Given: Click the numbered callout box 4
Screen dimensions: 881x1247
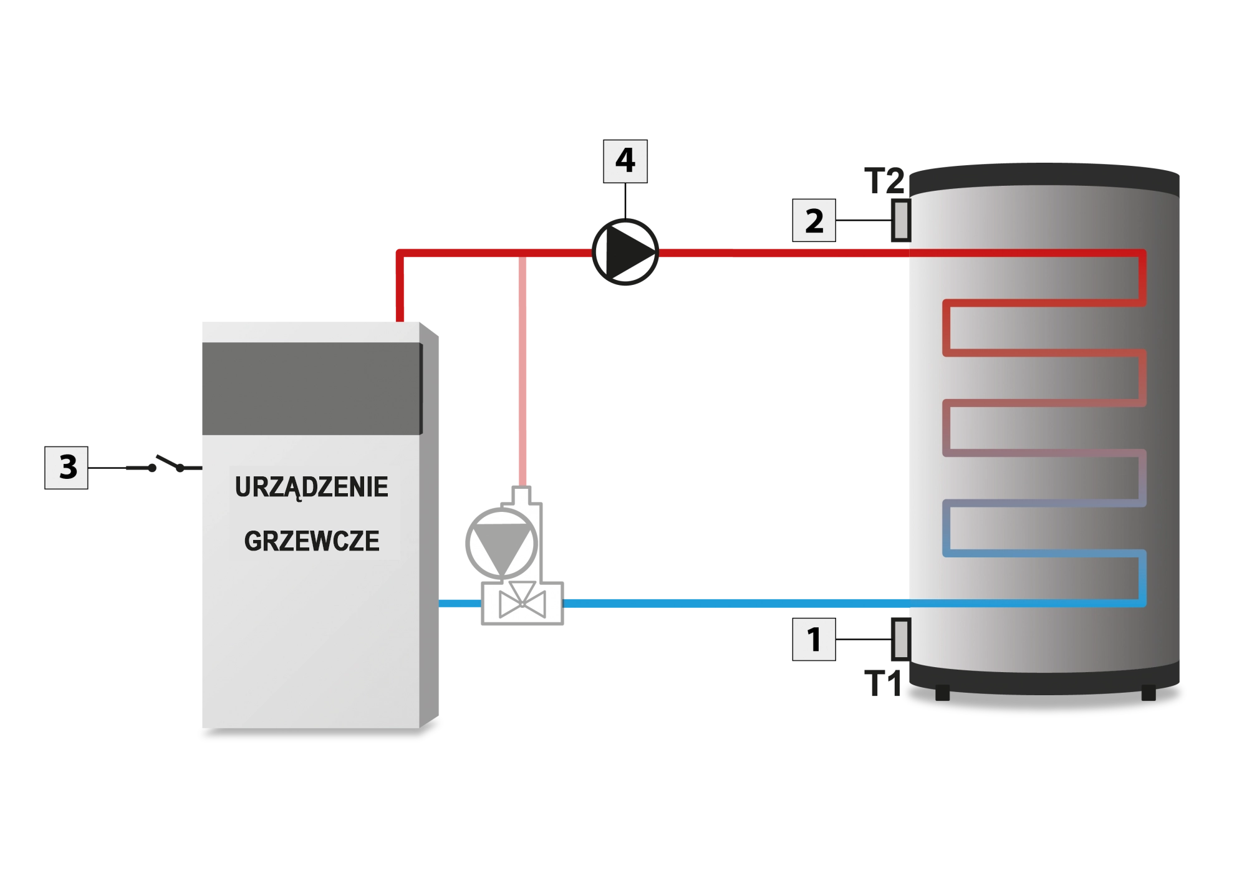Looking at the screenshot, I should pyautogui.click(x=624, y=160).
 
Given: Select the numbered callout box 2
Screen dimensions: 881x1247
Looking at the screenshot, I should pyautogui.click(x=814, y=221).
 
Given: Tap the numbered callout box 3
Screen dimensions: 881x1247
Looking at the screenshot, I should pyautogui.click(x=67, y=468).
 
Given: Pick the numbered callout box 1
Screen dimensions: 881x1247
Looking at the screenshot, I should pyautogui.click(x=814, y=639).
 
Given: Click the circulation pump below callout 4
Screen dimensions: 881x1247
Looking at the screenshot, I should pyautogui.click(x=624, y=252).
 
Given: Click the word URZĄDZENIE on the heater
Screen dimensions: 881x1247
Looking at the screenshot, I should pyautogui.click(x=311, y=487).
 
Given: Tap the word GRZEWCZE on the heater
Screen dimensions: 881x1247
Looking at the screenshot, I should pyautogui.click(x=311, y=541).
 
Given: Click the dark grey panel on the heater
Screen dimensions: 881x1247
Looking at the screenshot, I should pyautogui.click(x=311, y=388).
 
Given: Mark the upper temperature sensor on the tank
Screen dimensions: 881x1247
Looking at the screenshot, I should pyautogui.click(x=900, y=220).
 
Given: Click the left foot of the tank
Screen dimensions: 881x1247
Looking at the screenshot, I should pyautogui.click(x=942, y=692).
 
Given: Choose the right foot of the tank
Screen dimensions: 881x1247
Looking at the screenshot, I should pyautogui.click(x=1148, y=692).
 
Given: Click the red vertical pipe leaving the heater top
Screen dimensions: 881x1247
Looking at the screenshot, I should pyautogui.click(x=400, y=287).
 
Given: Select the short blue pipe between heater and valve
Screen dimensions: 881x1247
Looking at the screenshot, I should pyautogui.click(x=460, y=604).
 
